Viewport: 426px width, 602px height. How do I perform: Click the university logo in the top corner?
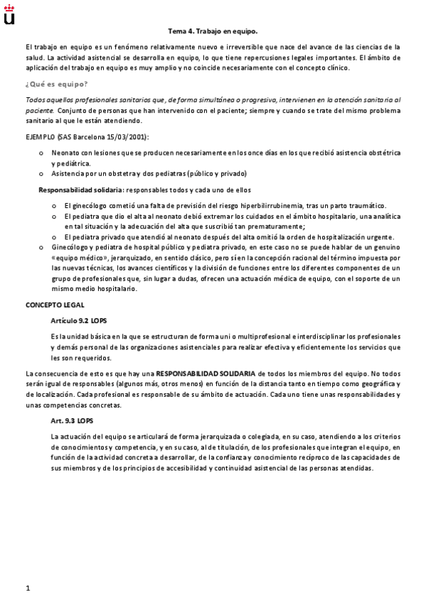[x=9, y=12]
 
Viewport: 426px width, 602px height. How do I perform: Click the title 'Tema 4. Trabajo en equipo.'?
[x=213, y=31]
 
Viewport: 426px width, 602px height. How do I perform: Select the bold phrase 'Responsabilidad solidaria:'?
[x=80, y=190]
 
